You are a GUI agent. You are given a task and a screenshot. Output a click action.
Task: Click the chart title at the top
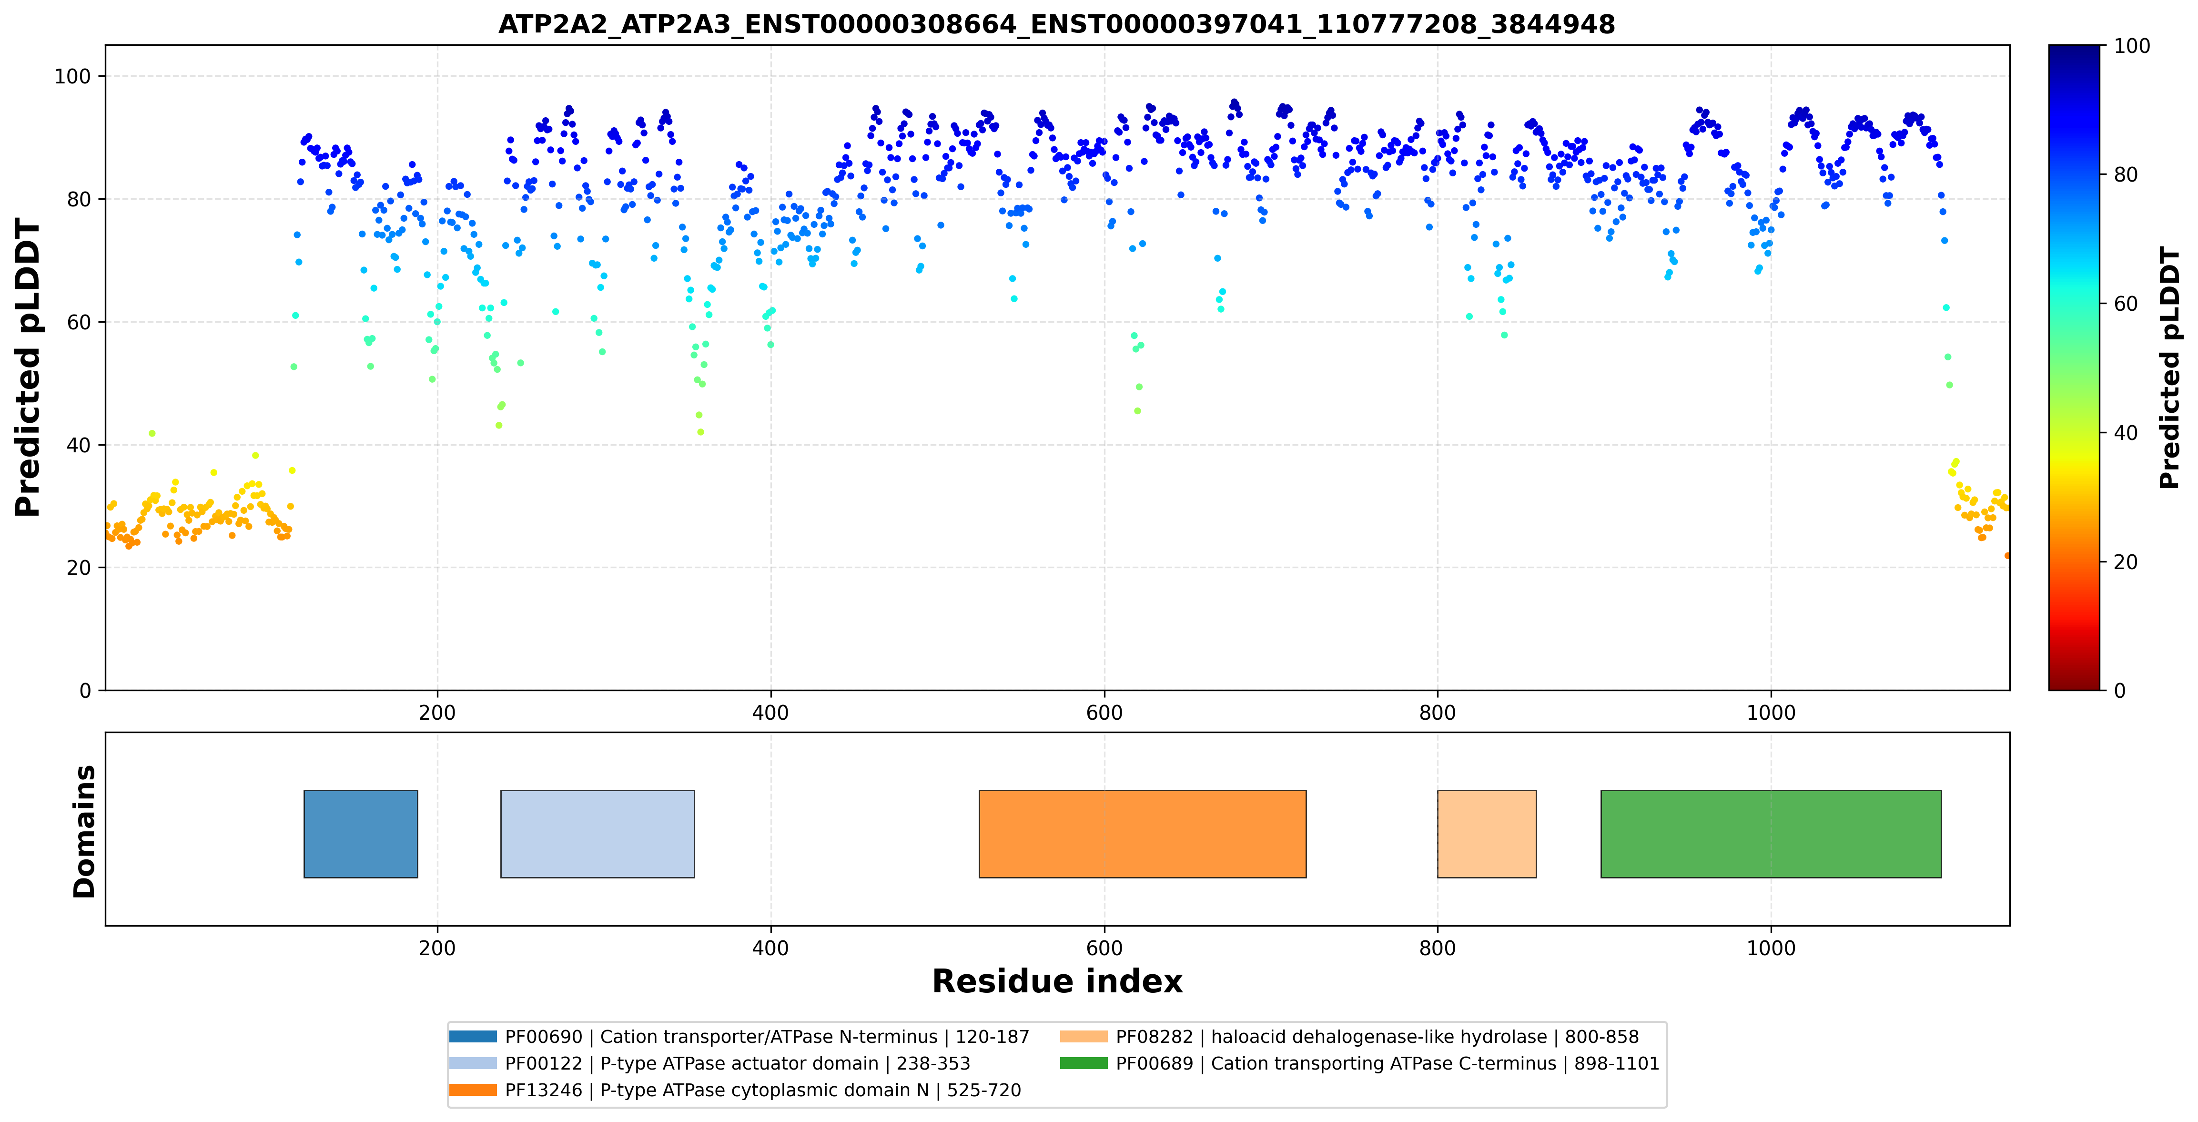click(x=1056, y=24)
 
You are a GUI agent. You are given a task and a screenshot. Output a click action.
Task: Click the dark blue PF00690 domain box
click(x=361, y=834)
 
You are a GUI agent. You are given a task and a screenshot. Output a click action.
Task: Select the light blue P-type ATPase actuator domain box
click(x=598, y=834)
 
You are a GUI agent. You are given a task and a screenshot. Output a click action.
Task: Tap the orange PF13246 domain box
click(x=1143, y=834)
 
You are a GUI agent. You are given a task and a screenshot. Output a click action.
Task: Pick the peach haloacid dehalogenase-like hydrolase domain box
click(x=1487, y=834)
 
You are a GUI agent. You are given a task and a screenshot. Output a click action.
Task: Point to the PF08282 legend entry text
click(x=1377, y=1037)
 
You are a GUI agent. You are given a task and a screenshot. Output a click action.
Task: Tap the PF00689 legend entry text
click(x=1388, y=1063)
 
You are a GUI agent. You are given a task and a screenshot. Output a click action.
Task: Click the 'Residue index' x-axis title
click(x=1057, y=981)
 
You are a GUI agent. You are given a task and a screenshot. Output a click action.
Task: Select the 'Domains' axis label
click(x=84, y=831)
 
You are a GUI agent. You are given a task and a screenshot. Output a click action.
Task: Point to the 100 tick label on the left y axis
click(x=72, y=77)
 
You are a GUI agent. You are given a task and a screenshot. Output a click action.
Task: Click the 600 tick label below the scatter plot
click(x=1104, y=713)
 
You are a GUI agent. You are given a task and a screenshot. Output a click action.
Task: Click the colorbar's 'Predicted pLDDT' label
click(x=2169, y=368)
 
